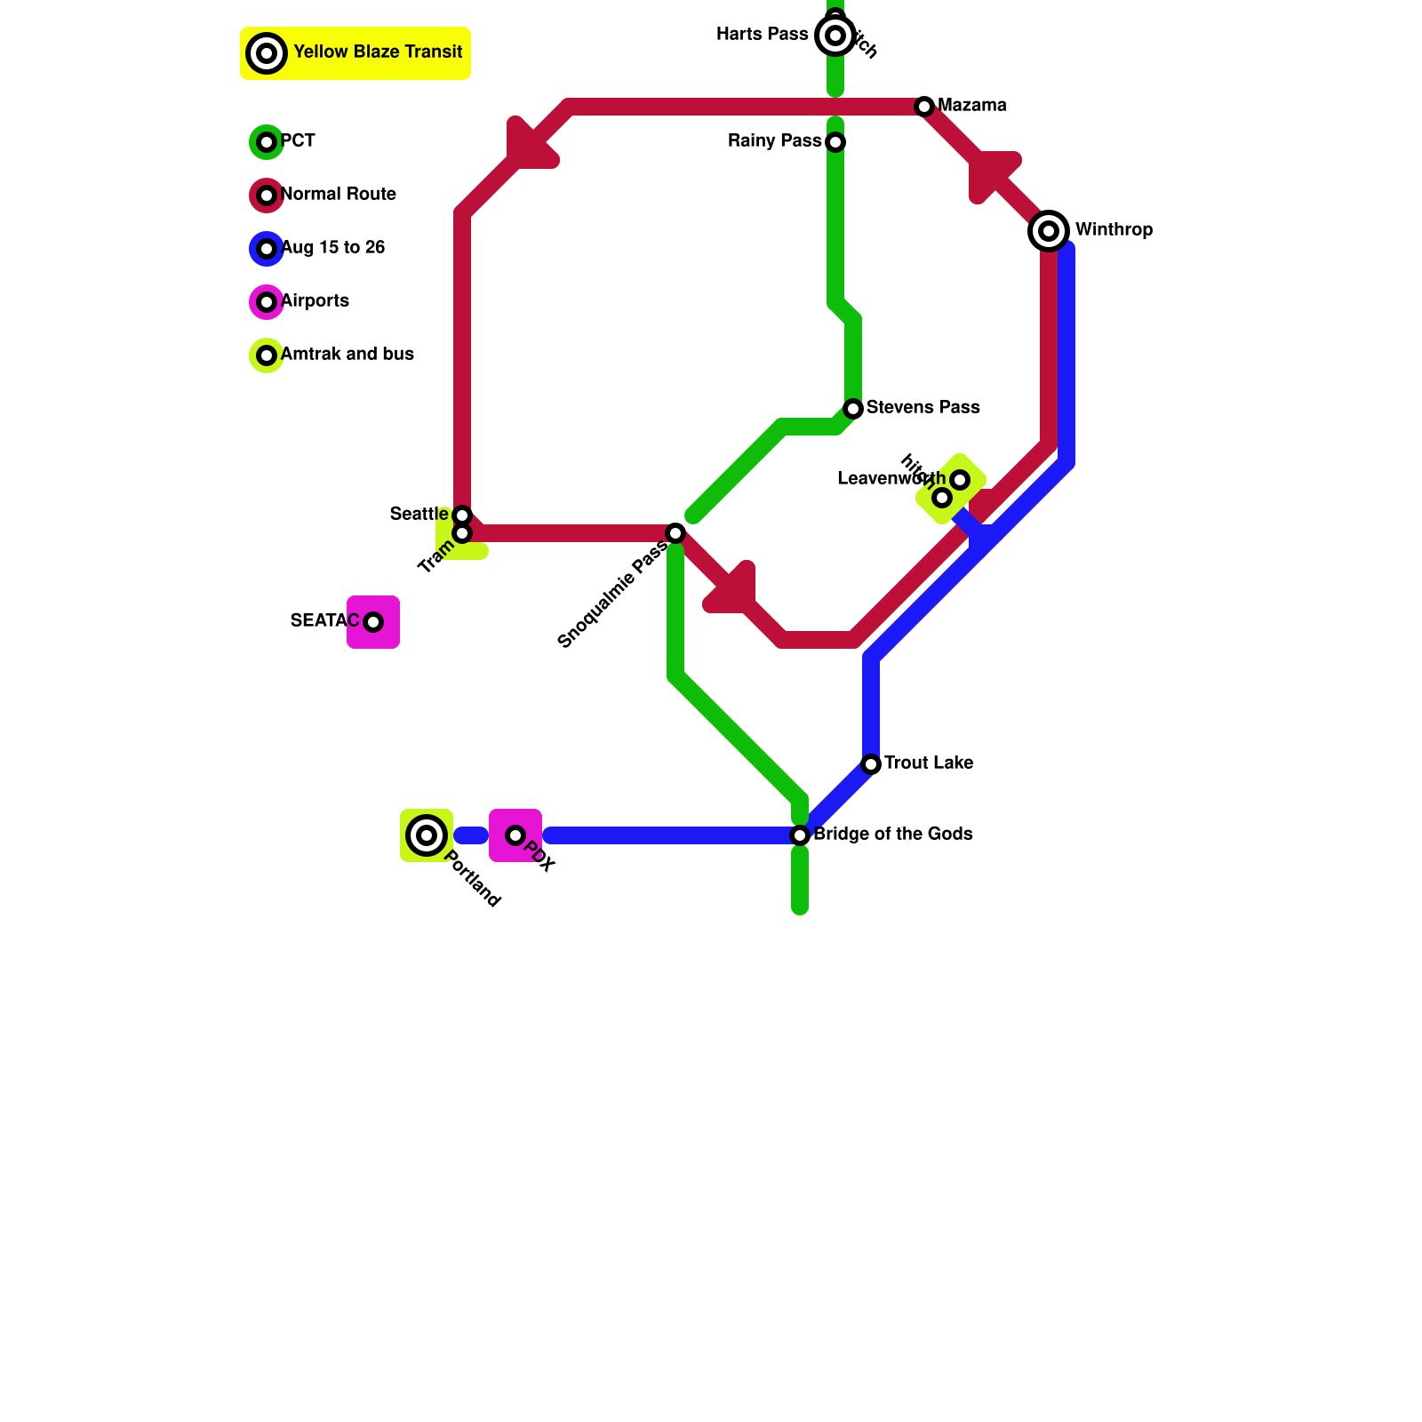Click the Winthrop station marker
(x=1049, y=231)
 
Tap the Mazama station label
(x=971, y=106)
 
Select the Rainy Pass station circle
(x=835, y=142)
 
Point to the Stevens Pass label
(x=923, y=408)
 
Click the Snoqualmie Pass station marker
(x=675, y=533)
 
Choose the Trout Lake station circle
(x=871, y=764)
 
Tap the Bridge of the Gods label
(x=892, y=835)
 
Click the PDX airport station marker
(x=515, y=835)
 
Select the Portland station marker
(x=427, y=835)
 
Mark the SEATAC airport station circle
(x=373, y=622)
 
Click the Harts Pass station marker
(x=835, y=36)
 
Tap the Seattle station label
(x=419, y=515)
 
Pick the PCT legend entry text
(x=298, y=141)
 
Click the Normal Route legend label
(x=339, y=195)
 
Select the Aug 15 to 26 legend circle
(x=267, y=249)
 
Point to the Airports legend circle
(x=267, y=302)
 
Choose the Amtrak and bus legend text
(x=348, y=355)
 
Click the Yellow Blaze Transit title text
(x=378, y=52)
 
